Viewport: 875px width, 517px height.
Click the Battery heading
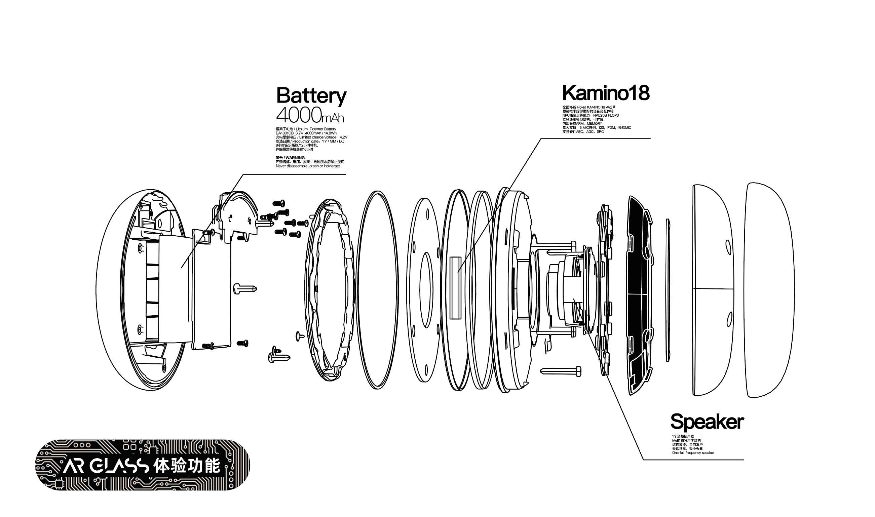coord(311,95)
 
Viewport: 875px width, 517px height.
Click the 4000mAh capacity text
coord(310,115)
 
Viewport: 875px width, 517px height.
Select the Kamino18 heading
coord(606,93)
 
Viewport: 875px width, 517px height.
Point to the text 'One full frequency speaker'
coord(693,453)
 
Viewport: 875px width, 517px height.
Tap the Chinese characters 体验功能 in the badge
coord(187,466)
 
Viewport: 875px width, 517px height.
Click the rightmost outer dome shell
coord(770,289)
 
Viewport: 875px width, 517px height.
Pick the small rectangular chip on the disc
coord(455,288)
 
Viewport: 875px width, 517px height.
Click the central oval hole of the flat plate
coord(425,290)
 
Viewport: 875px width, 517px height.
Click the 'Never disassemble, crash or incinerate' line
coord(308,166)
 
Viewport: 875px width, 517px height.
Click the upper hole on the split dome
coord(728,246)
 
